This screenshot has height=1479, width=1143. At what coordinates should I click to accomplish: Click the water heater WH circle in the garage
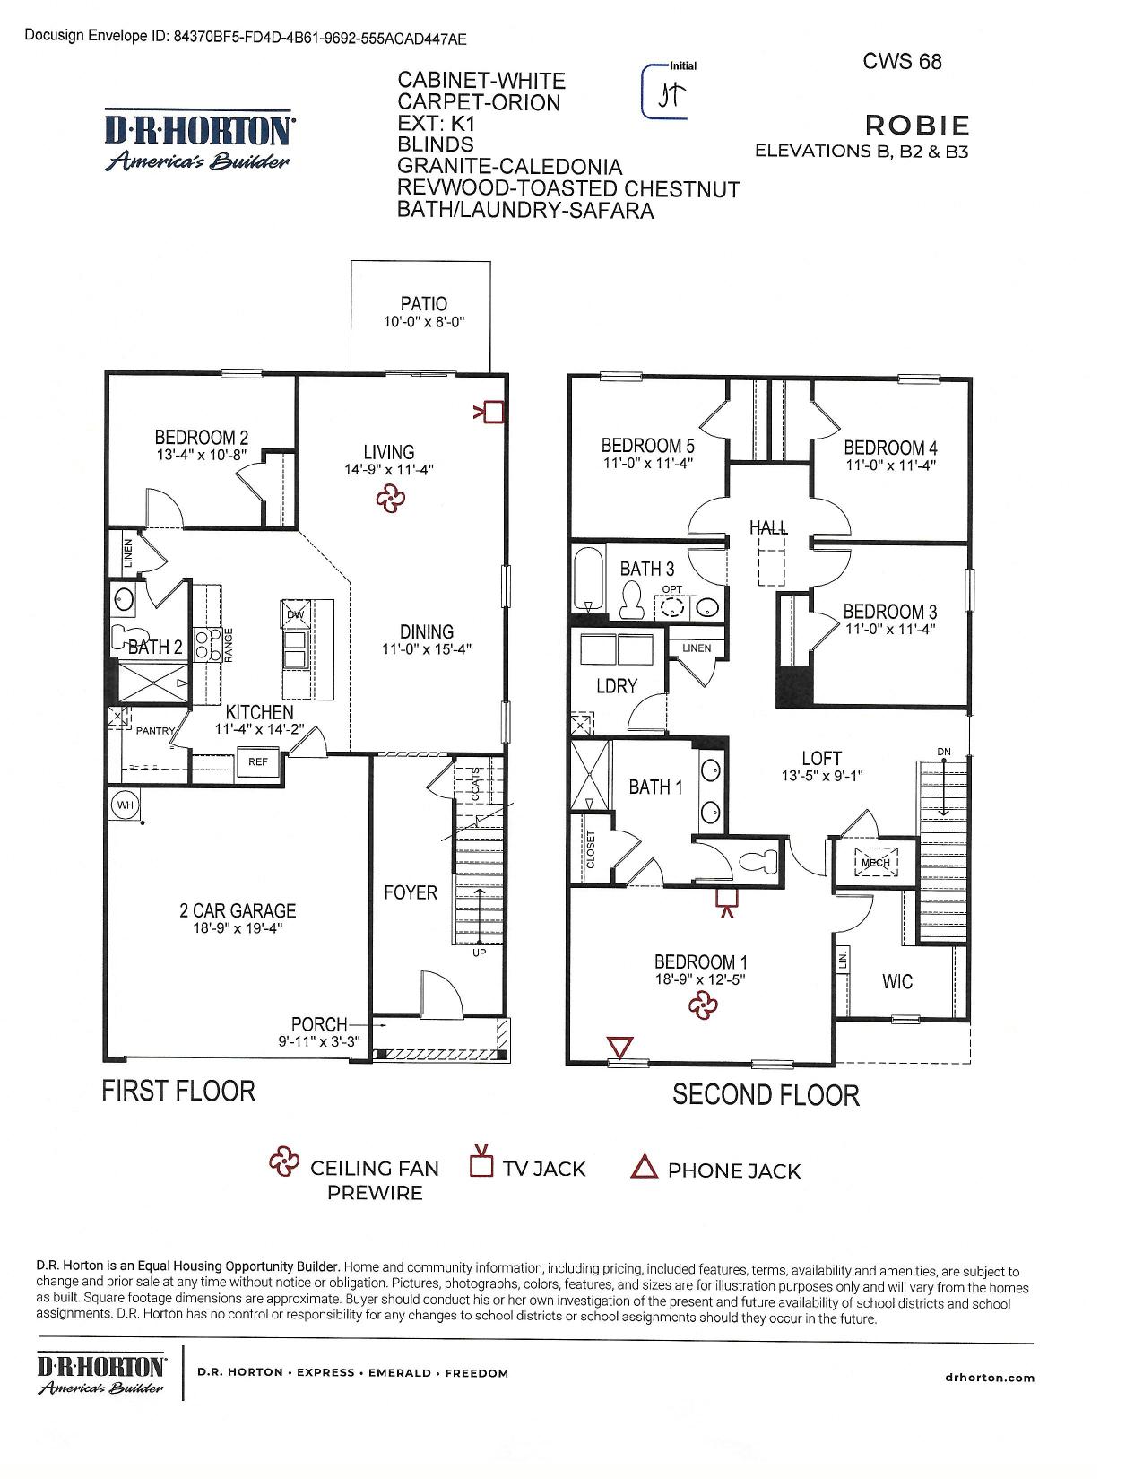tap(126, 805)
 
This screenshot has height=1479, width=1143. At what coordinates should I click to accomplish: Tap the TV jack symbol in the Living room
tap(490, 412)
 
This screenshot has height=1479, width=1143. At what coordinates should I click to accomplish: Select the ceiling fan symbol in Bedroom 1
tap(703, 1005)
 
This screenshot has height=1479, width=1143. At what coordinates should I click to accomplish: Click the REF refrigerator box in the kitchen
tap(257, 761)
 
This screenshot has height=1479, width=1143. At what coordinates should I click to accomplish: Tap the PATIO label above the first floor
tap(424, 303)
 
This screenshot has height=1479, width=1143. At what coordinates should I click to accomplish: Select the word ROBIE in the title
tap(916, 126)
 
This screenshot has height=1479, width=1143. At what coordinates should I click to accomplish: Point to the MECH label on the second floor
tap(875, 862)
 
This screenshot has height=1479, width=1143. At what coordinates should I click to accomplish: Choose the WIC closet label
tap(896, 981)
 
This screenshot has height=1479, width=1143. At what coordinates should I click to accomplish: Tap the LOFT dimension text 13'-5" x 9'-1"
tap(821, 775)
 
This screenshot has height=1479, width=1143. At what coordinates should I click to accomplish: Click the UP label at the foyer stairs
tap(480, 953)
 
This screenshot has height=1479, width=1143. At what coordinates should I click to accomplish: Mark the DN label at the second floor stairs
tap(944, 752)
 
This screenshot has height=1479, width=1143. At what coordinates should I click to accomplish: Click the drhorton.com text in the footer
tap(990, 1377)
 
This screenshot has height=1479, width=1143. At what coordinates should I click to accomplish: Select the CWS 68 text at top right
tap(902, 61)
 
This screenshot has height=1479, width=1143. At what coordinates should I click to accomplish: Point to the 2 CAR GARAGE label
tap(238, 910)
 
